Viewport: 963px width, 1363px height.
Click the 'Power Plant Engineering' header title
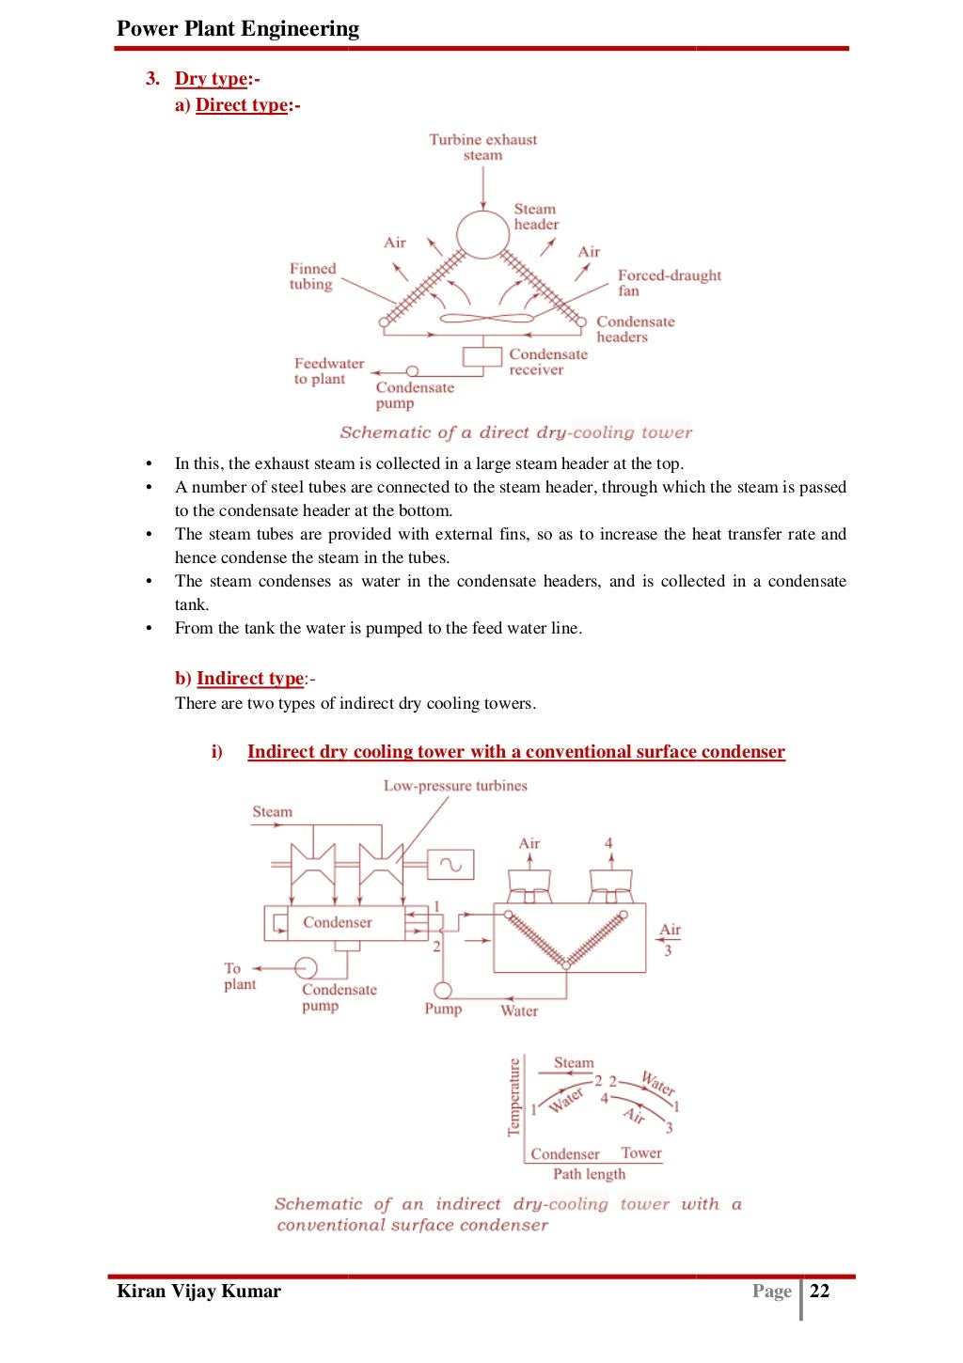pos(237,28)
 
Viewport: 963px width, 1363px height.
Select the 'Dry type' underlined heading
pos(212,79)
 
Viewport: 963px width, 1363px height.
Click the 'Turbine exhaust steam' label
pos(482,147)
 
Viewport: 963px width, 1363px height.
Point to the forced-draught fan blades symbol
pos(486,319)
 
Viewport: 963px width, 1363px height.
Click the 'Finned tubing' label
pos(312,276)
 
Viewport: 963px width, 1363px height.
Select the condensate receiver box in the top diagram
pos(482,357)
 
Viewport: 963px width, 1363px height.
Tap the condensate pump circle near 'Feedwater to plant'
pos(411,372)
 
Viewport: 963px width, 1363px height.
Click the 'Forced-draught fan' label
pos(669,282)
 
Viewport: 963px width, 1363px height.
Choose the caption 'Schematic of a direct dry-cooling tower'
pos(515,432)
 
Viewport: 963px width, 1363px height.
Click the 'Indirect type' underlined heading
pos(250,679)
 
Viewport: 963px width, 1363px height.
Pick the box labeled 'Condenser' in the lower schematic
pos(339,922)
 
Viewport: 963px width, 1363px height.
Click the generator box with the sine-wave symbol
pos(450,864)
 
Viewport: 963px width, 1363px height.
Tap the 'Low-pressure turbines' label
pos(455,786)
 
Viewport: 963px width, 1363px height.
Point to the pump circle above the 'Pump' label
pos(442,990)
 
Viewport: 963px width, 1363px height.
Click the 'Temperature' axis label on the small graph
pos(513,1097)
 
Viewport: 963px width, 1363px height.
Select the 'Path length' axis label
pos(589,1174)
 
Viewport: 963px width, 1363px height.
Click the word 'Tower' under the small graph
pos(641,1152)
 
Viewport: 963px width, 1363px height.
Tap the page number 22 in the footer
pos(820,1291)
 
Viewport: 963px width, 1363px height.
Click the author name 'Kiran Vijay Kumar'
pos(198,1291)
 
